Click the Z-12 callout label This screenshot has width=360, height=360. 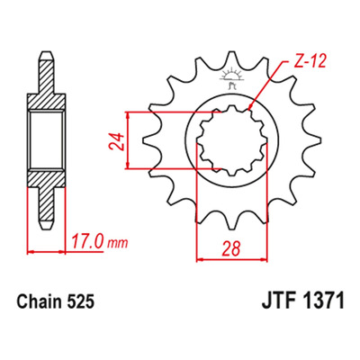(308, 62)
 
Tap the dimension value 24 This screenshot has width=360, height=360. (116, 141)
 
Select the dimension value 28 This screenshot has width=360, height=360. (231, 248)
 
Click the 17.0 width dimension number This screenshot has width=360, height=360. (86, 241)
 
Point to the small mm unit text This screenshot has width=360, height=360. (118, 243)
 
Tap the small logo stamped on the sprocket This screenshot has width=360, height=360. (232, 78)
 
